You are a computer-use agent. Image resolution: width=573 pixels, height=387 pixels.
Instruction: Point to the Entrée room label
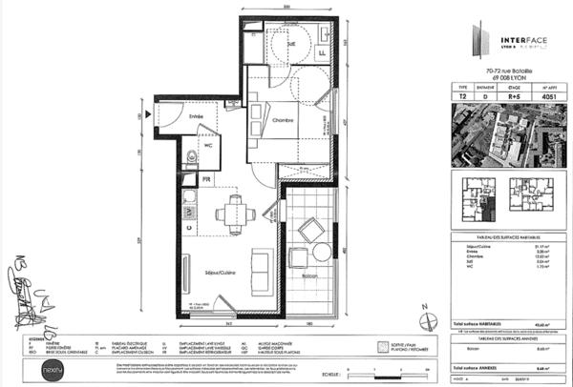coord(196,116)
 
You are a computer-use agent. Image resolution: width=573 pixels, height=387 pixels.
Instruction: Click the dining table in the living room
coord(231,212)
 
